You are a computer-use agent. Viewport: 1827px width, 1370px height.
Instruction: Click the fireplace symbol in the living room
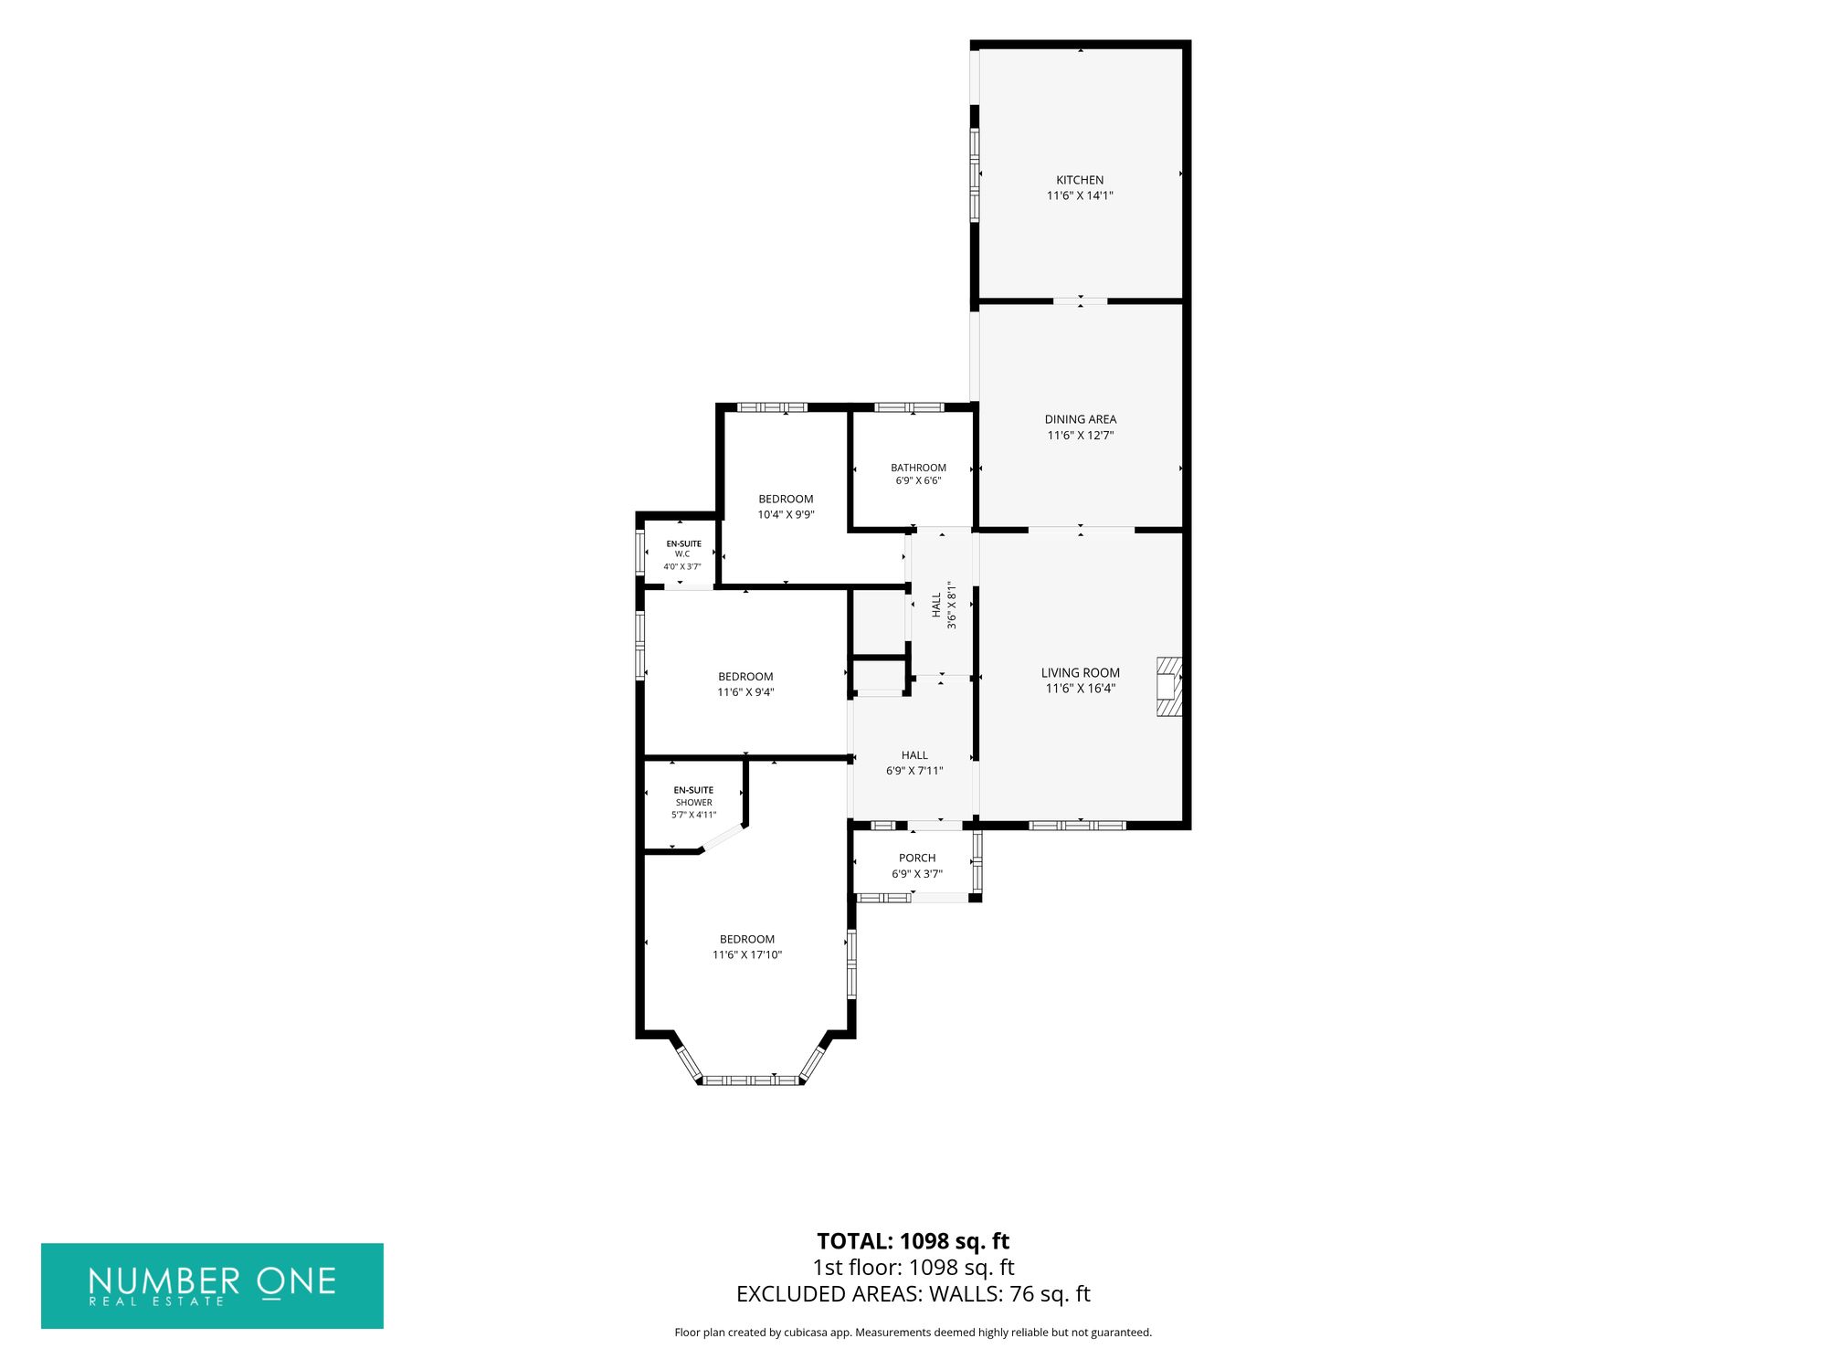1169,686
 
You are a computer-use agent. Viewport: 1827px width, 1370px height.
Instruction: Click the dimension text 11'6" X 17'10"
747,954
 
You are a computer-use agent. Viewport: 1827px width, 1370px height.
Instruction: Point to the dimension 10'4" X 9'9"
786,514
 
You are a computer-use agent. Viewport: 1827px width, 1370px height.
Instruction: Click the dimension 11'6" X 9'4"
745,692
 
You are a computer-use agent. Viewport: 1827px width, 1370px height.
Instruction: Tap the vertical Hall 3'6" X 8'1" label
944,605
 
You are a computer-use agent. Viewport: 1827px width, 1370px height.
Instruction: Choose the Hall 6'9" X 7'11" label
914,763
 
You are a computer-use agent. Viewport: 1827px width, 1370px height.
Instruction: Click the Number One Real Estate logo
212,1285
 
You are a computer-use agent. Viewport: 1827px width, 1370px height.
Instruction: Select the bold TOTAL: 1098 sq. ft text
913,1241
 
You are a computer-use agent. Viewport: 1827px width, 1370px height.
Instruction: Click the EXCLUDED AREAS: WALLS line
913,1293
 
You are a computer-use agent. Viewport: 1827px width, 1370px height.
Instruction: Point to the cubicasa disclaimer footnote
913,1333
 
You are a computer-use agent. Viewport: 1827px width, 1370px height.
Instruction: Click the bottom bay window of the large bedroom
751,1080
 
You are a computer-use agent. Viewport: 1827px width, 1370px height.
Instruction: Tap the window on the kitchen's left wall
975,174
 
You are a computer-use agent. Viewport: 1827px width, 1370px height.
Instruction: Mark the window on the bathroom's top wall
909,407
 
